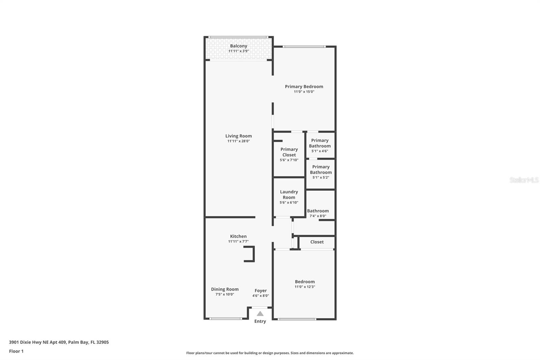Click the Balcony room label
click(x=239, y=46)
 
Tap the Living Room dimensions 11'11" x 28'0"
click(x=239, y=141)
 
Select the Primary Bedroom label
click(x=304, y=86)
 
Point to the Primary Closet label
click(x=289, y=152)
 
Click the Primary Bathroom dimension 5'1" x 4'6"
click(x=320, y=151)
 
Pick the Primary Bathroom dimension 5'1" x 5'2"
click(x=321, y=177)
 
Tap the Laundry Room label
click(x=289, y=195)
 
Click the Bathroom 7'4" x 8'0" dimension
click(x=318, y=216)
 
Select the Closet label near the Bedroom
click(x=317, y=242)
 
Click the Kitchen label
click(x=238, y=236)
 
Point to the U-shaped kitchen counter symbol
click(x=250, y=254)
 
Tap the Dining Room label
click(x=225, y=289)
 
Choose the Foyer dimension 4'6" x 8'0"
click(x=261, y=296)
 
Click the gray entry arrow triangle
click(x=260, y=314)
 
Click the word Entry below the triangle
click(x=260, y=321)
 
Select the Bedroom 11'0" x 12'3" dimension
click(x=305, y=287)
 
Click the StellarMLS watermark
click(x=524, y=180)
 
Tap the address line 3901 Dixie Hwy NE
click(x=59, y=342)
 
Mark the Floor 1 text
click(x=16, y=351)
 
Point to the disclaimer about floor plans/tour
click(x=270, y=353)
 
